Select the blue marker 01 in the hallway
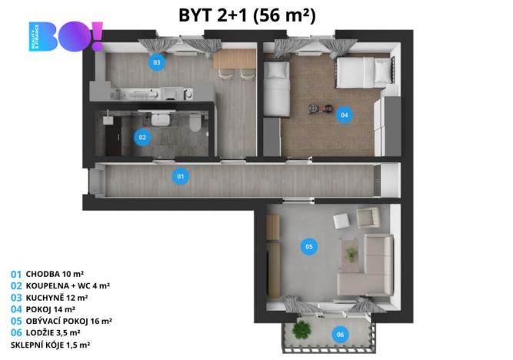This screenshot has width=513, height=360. point(181,176)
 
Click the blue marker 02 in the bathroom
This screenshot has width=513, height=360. point(142,138)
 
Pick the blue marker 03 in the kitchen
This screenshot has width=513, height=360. point(156,62)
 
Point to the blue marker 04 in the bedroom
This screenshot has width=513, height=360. point(344,115)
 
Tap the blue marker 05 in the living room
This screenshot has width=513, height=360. point(308,247)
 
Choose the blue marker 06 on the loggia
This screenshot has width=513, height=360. point(340,335)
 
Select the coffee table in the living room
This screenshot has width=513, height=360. point(352,252)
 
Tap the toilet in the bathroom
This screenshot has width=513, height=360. point(196,123)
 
